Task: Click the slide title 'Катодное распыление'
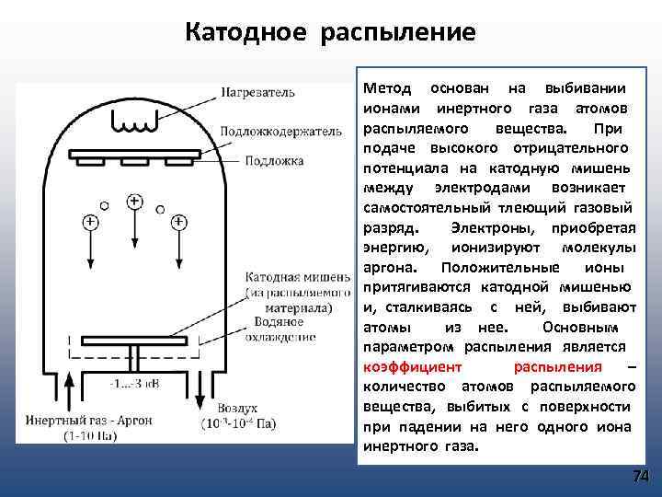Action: coord(330,33)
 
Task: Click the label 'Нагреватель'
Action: coord(258,92)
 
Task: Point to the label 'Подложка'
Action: coord(274,160)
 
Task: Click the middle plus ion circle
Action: coord(134,200)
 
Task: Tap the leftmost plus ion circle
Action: coord(90,222)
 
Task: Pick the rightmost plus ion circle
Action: coord(178,222)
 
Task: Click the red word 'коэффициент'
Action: coord(402,366)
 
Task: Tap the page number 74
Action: coord(641,476)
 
